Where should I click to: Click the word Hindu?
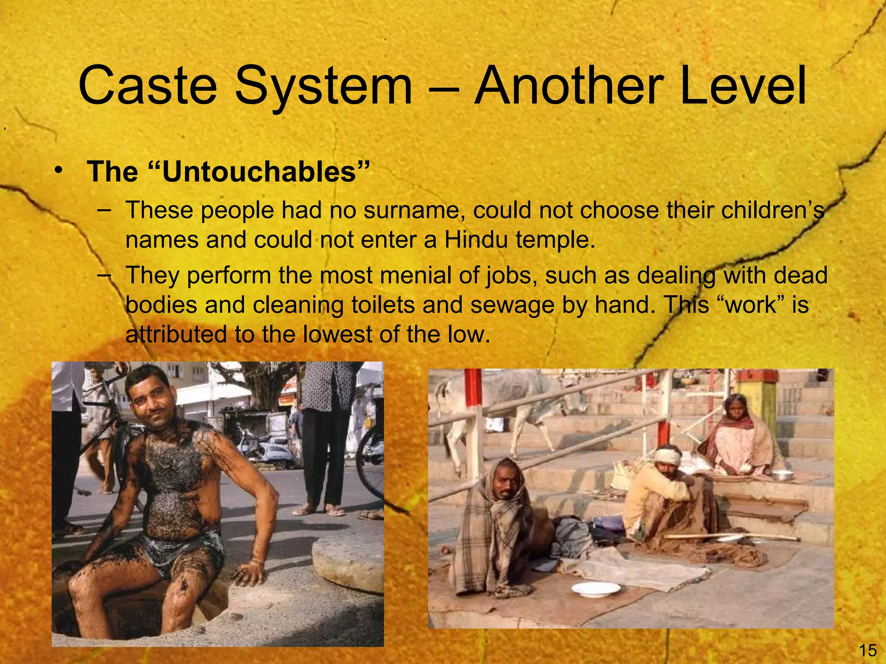[x=476, y=240]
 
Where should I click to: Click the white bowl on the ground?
[x=595, y=589]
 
